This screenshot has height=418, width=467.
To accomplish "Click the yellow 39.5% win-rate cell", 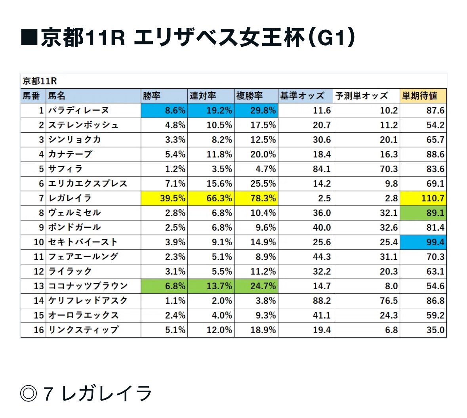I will click(164, 198).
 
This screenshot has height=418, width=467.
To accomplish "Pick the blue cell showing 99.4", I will click(423, 242).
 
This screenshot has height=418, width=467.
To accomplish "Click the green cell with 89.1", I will click(423, 213).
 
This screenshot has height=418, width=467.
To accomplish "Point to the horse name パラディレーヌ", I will click(78, 111).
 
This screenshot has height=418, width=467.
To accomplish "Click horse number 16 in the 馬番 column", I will click(38, 330).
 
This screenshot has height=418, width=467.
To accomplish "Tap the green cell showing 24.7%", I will click(256, 286).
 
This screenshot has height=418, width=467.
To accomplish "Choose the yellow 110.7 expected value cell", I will click(423, 198).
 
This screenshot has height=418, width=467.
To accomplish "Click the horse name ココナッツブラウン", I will click(88, 286).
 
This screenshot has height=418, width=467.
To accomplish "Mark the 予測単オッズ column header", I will click(361, 96).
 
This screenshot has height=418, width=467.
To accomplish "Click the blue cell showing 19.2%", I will click(211, 111).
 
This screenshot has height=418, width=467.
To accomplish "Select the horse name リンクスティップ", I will click(83, 330).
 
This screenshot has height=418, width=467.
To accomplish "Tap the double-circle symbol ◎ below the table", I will click(29, 394).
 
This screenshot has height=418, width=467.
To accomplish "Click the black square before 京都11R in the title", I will click(29, 38).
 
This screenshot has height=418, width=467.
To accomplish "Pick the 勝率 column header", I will click(152, 96).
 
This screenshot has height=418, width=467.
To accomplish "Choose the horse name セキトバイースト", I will click(83, 242).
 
